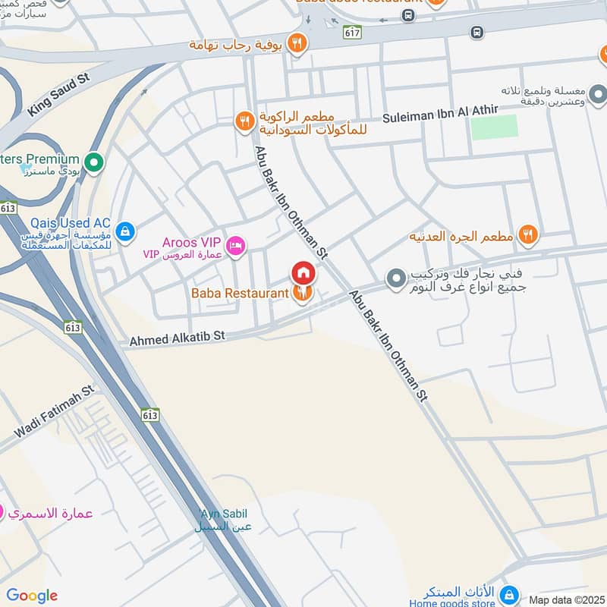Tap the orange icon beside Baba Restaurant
point(303,293)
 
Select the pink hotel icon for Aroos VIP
point(236,244)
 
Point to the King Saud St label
point(58,95)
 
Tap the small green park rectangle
point(494,127)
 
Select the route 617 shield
point(351,32)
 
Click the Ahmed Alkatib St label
point(178,338)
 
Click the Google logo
point(32,596)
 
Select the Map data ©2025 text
point(565,599)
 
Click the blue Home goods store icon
point(511,593)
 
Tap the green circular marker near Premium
point(94,162)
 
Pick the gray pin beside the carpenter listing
point(395,279)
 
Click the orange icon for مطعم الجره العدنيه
point(528,236)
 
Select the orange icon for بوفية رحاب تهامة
point(298,43)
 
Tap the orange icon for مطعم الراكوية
point(244,121)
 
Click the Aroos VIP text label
point(189,243)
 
